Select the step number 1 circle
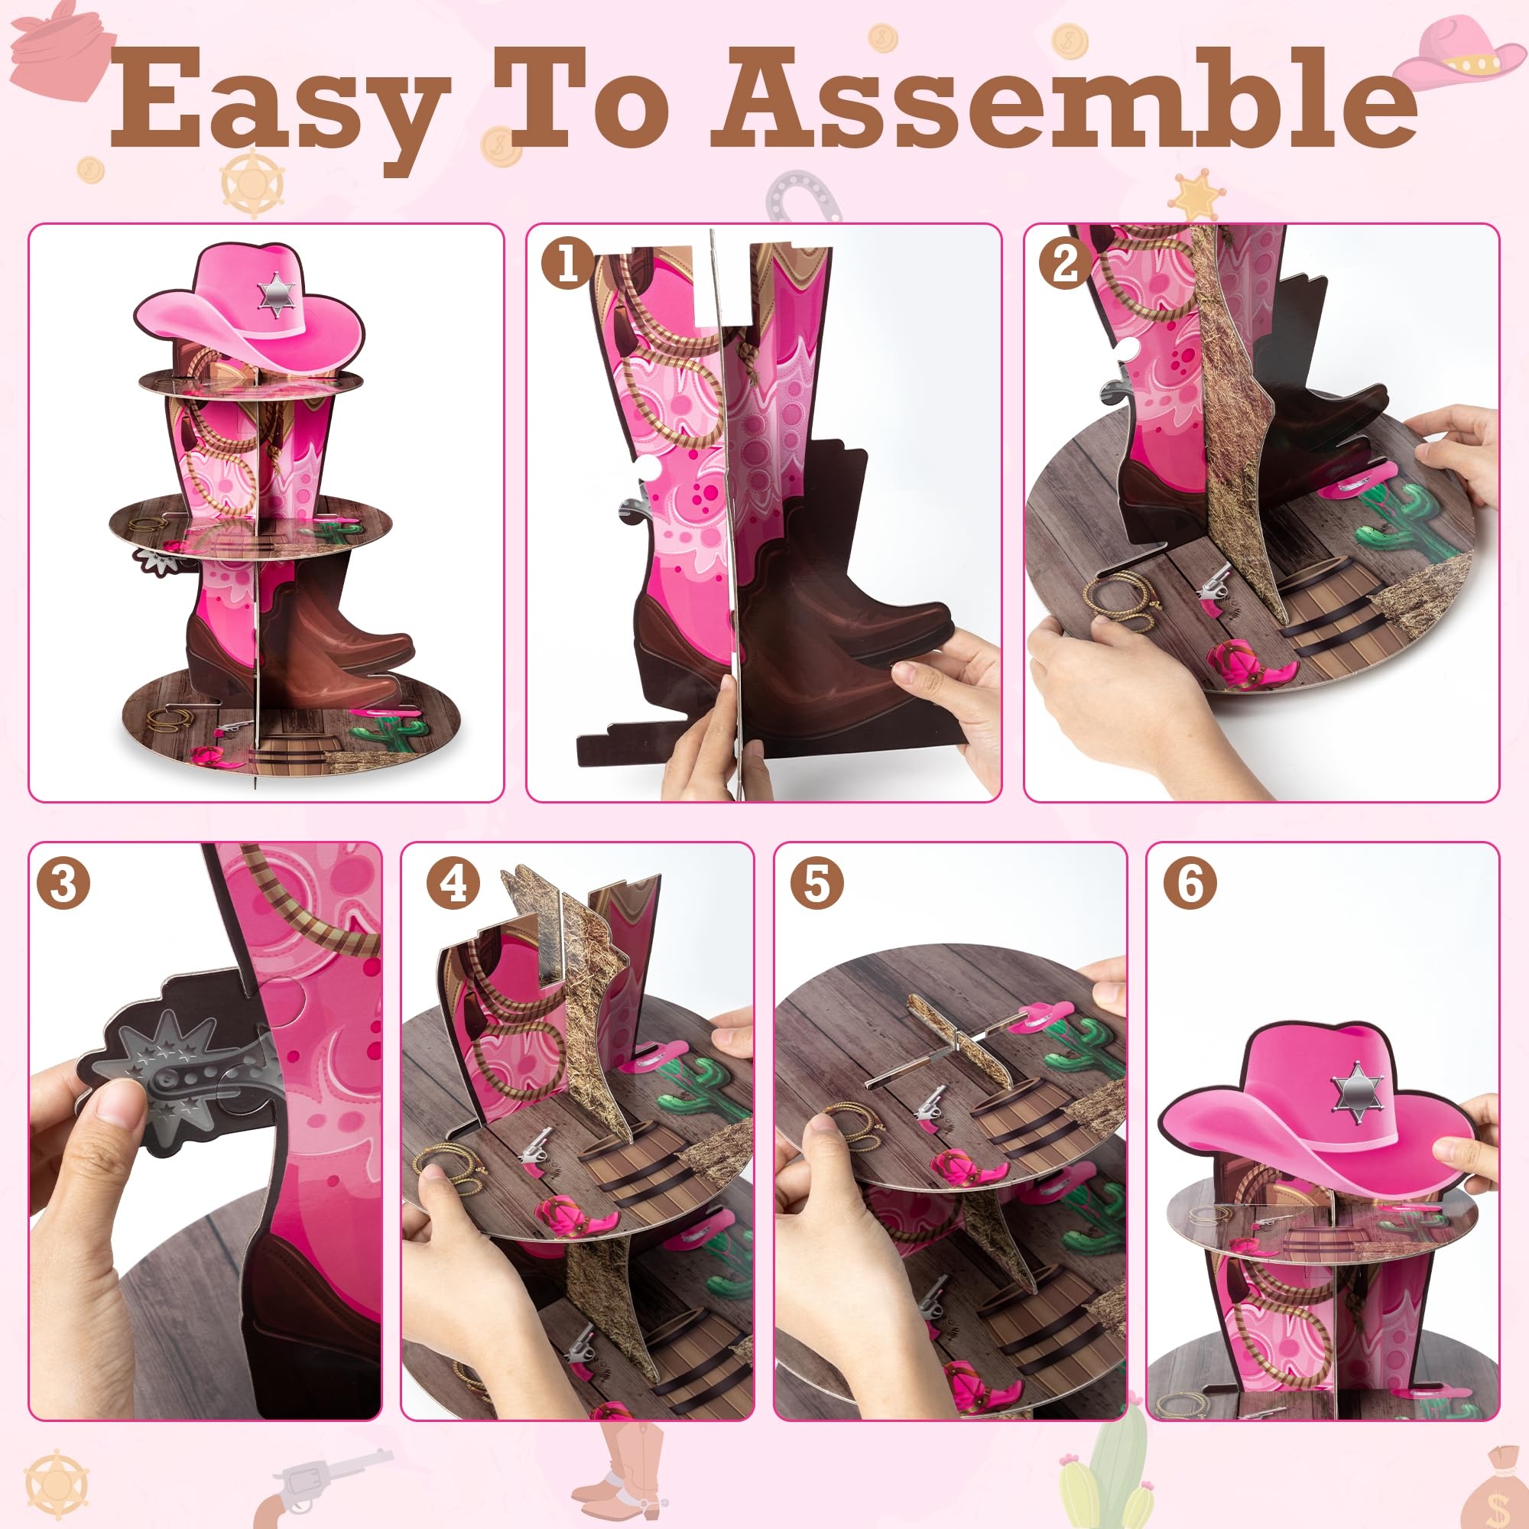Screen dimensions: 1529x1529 (567, 262)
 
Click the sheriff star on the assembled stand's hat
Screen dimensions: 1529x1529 (277, 295)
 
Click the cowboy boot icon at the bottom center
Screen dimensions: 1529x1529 (625, 1464)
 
